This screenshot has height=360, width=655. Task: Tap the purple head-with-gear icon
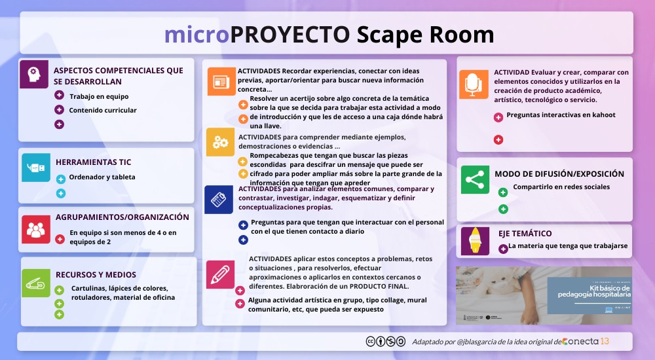coord(33,75)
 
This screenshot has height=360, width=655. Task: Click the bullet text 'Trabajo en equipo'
coord(99,96)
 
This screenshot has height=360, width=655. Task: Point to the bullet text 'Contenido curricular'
coord(103,110)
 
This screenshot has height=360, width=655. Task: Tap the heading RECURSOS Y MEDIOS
coord(96,275)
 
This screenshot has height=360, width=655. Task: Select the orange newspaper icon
coord(220,82)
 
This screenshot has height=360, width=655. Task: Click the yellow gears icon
coord(220,142)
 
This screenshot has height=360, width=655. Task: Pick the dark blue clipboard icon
coord(219,199)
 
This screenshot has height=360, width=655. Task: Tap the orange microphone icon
coord(473,84)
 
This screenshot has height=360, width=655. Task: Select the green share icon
coord(474,179)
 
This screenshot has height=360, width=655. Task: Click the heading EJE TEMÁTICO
coord(523,233)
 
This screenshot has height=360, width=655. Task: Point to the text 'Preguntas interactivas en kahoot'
coord(561,115)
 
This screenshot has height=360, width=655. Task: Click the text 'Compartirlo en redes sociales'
coord(561,187)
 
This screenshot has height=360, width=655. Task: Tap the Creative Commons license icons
coord(385,341)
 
